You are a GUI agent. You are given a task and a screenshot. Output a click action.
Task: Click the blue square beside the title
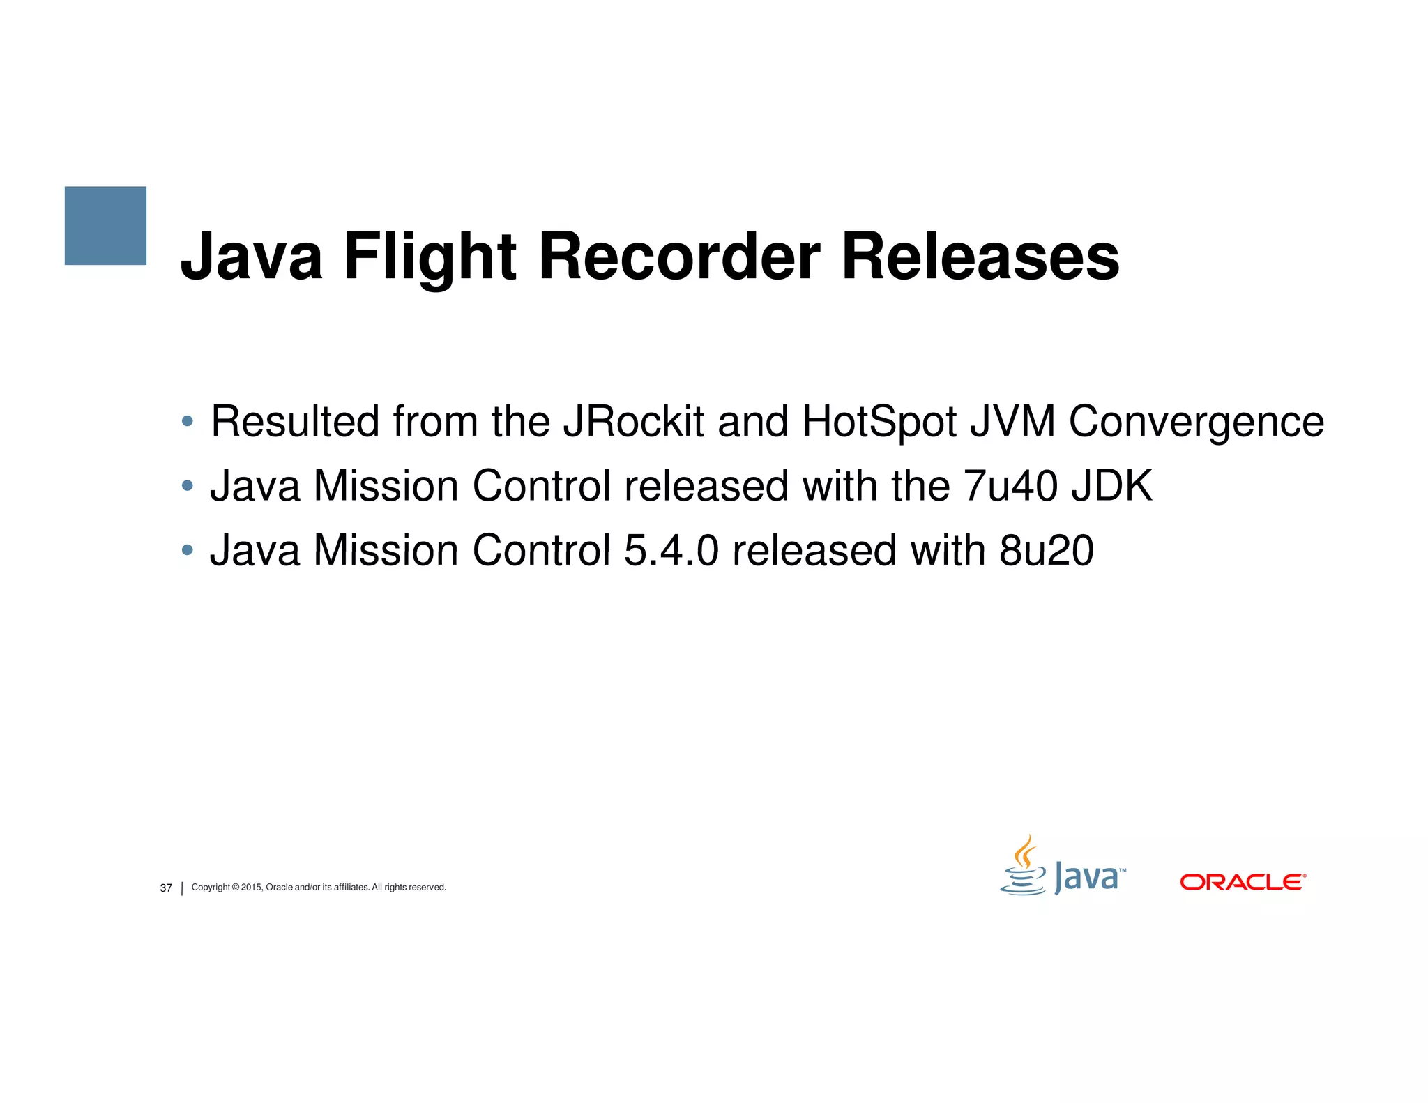tap(105, 225)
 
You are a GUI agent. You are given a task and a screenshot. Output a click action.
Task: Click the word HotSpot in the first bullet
tap(879, 423)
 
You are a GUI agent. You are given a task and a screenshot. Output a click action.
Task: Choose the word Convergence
tap(1196, 423)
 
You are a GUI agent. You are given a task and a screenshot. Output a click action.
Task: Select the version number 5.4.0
tap(671, 550)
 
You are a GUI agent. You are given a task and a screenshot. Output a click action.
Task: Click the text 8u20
tap(1047, 550)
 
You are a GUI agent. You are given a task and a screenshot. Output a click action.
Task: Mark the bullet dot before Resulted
tap(187, 421)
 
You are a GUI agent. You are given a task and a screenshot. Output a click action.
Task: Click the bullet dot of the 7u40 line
tap(187, 485)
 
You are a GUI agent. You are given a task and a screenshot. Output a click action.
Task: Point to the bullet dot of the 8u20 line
tap(187, 550)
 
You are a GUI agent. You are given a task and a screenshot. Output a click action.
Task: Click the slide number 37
tap(166, 888)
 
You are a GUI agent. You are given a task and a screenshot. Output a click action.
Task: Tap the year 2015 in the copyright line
tap(251, 887)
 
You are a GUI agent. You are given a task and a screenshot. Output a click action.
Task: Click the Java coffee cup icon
tap(1024, 867)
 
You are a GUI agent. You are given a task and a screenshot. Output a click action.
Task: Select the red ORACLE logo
tap(1243, 882)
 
